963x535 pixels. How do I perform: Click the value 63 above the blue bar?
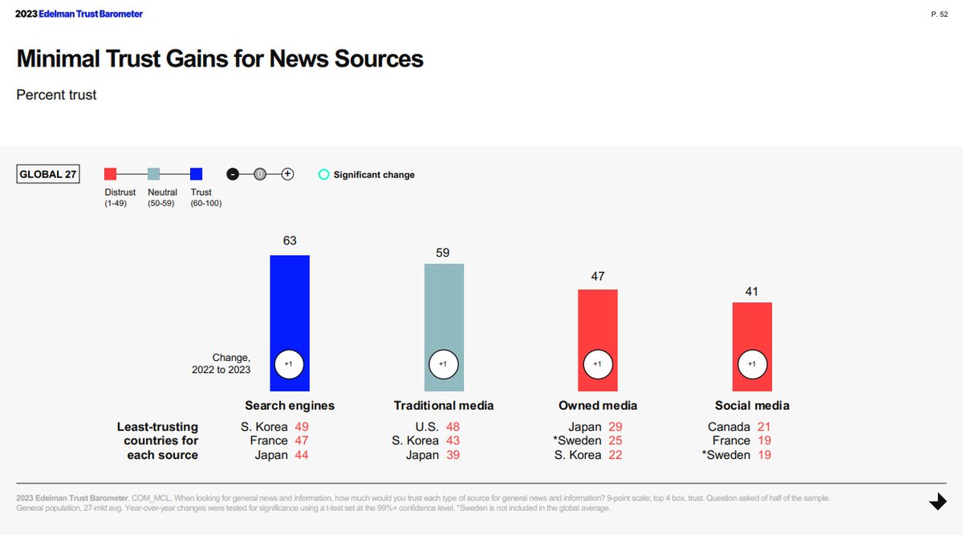coord(289,241)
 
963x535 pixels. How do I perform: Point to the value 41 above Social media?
coord(752,291)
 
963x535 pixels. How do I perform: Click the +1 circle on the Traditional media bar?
coord(443,364)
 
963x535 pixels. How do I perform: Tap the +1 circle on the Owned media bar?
coord(597,364)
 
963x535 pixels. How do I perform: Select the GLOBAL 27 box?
coord(48,174)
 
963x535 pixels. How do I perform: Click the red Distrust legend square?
coord(111,174)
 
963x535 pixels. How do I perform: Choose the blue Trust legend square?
coord(197,174)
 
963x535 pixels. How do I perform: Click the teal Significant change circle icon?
coord(323,174)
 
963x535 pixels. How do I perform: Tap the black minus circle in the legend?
coord(233,174)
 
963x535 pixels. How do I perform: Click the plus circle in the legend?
coord(287,174)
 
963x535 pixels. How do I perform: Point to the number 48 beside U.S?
coord(453,427)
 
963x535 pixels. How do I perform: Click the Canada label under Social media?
coord(729,427)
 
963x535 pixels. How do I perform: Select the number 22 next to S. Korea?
coord(615,455)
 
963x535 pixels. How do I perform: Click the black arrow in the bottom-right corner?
coord(937,501)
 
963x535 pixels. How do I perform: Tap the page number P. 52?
coord(940,14)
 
